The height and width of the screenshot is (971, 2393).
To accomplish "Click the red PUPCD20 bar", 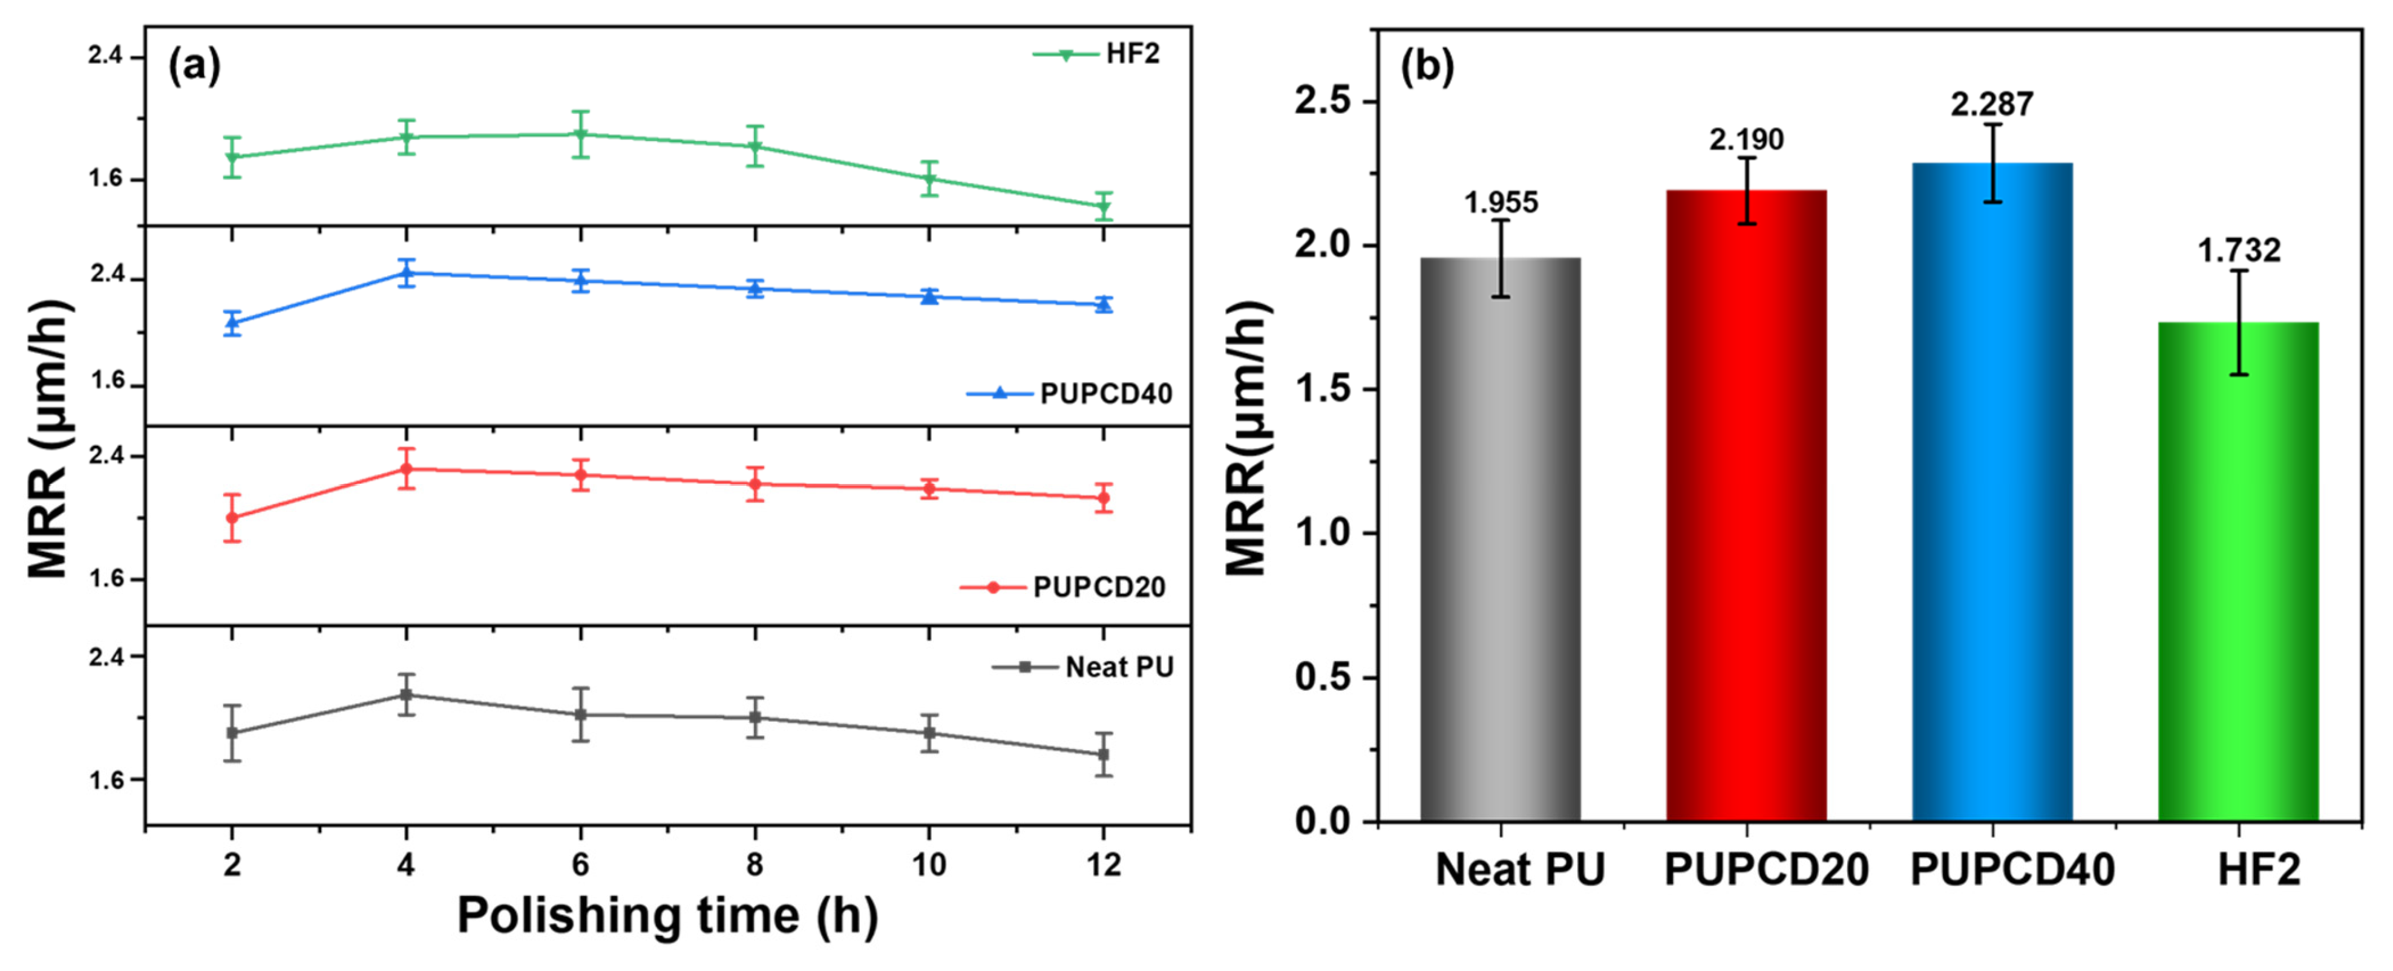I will coord(1746,506).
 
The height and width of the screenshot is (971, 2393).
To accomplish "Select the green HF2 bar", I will coord(2239,572).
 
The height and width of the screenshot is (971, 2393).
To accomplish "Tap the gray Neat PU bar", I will coord(1501,539).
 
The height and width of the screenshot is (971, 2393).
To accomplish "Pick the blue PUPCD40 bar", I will coord(1992,492).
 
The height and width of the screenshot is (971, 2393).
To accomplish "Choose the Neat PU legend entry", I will coord(1083,667).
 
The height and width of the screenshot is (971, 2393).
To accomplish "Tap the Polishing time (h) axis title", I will coord(667,915).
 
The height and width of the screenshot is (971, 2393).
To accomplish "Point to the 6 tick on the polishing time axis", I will coord(581,866).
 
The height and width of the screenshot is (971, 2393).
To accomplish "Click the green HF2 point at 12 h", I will coord(1104,206).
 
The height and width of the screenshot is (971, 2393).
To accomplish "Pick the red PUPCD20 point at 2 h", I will coord(232,517).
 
